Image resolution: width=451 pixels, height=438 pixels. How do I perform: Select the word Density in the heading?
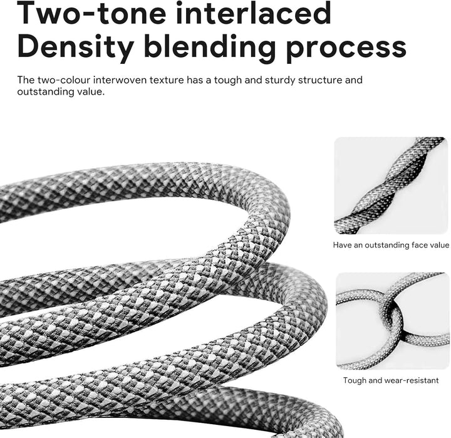76,47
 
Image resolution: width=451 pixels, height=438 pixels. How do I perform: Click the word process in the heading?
346,49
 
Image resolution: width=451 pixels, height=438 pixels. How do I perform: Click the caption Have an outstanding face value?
391,245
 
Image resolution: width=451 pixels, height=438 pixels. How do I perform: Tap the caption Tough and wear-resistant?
391,380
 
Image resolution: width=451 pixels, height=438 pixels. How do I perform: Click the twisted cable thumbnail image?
391,185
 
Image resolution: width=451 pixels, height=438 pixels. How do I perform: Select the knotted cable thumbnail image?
392,321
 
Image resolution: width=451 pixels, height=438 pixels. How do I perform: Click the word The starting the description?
26,80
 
